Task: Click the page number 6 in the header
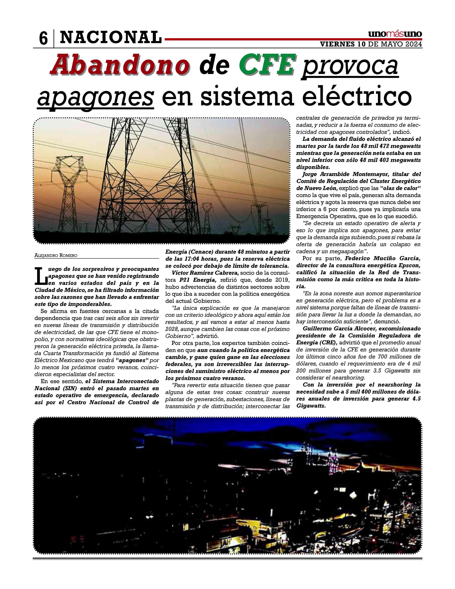(x=43, y=39)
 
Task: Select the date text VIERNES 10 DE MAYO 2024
(x=371, y=44)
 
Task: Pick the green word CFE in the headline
(x=266, y=65)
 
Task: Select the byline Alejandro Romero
(x=56, y=255)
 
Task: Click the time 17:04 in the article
(x=195, y=259)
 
